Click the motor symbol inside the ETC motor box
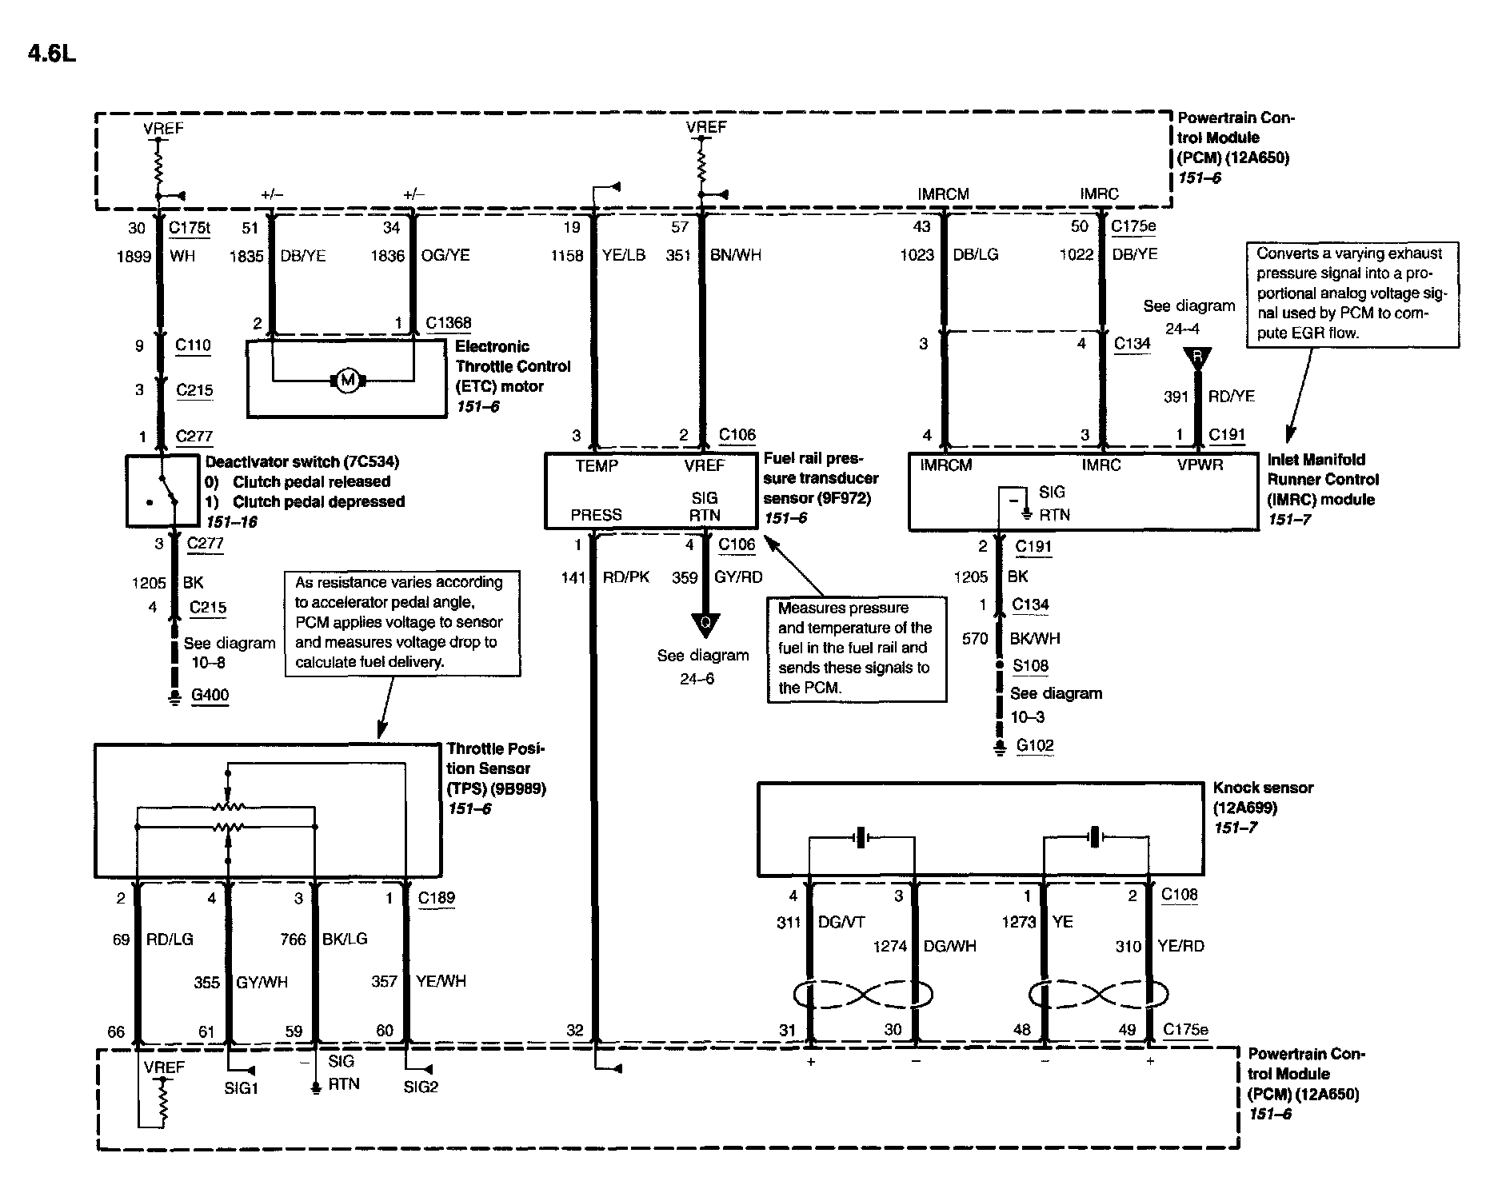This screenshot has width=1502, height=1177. [347, 381]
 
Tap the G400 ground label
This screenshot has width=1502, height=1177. [210, 695]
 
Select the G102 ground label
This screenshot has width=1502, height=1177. [1035, 745]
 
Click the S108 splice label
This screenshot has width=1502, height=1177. [1030, 665]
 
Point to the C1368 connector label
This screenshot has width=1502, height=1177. [448, 322]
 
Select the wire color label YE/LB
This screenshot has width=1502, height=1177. [623, 255]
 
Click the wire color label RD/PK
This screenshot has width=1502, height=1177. [626, 577]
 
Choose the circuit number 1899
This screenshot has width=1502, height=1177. [135, 256]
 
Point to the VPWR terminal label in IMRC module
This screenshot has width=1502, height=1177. [1200, 465]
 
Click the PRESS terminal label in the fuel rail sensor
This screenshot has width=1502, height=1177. [596, 515]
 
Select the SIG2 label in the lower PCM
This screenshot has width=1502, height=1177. [421, 1087]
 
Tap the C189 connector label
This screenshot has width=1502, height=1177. [436, 897]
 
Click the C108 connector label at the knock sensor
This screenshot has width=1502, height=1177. [1179, 894]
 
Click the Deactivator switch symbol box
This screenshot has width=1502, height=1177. [162, 490]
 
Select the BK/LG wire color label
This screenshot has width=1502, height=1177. [344, 939]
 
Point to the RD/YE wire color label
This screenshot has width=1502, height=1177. [1231, 396]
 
